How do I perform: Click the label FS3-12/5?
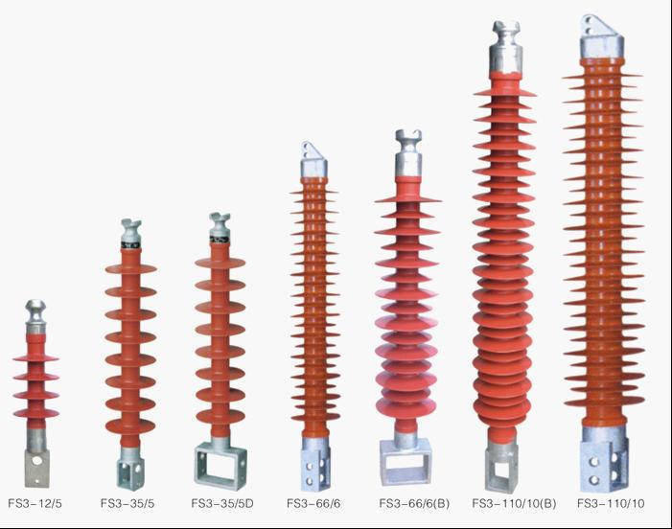point(35,503)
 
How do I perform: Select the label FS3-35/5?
point(127,503)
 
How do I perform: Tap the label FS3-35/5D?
point(222,503)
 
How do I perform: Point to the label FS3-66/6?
point(313,503)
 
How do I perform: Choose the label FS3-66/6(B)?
point(414,503)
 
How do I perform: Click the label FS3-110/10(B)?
point(514,503)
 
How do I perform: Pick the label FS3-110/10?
point(611,503)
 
